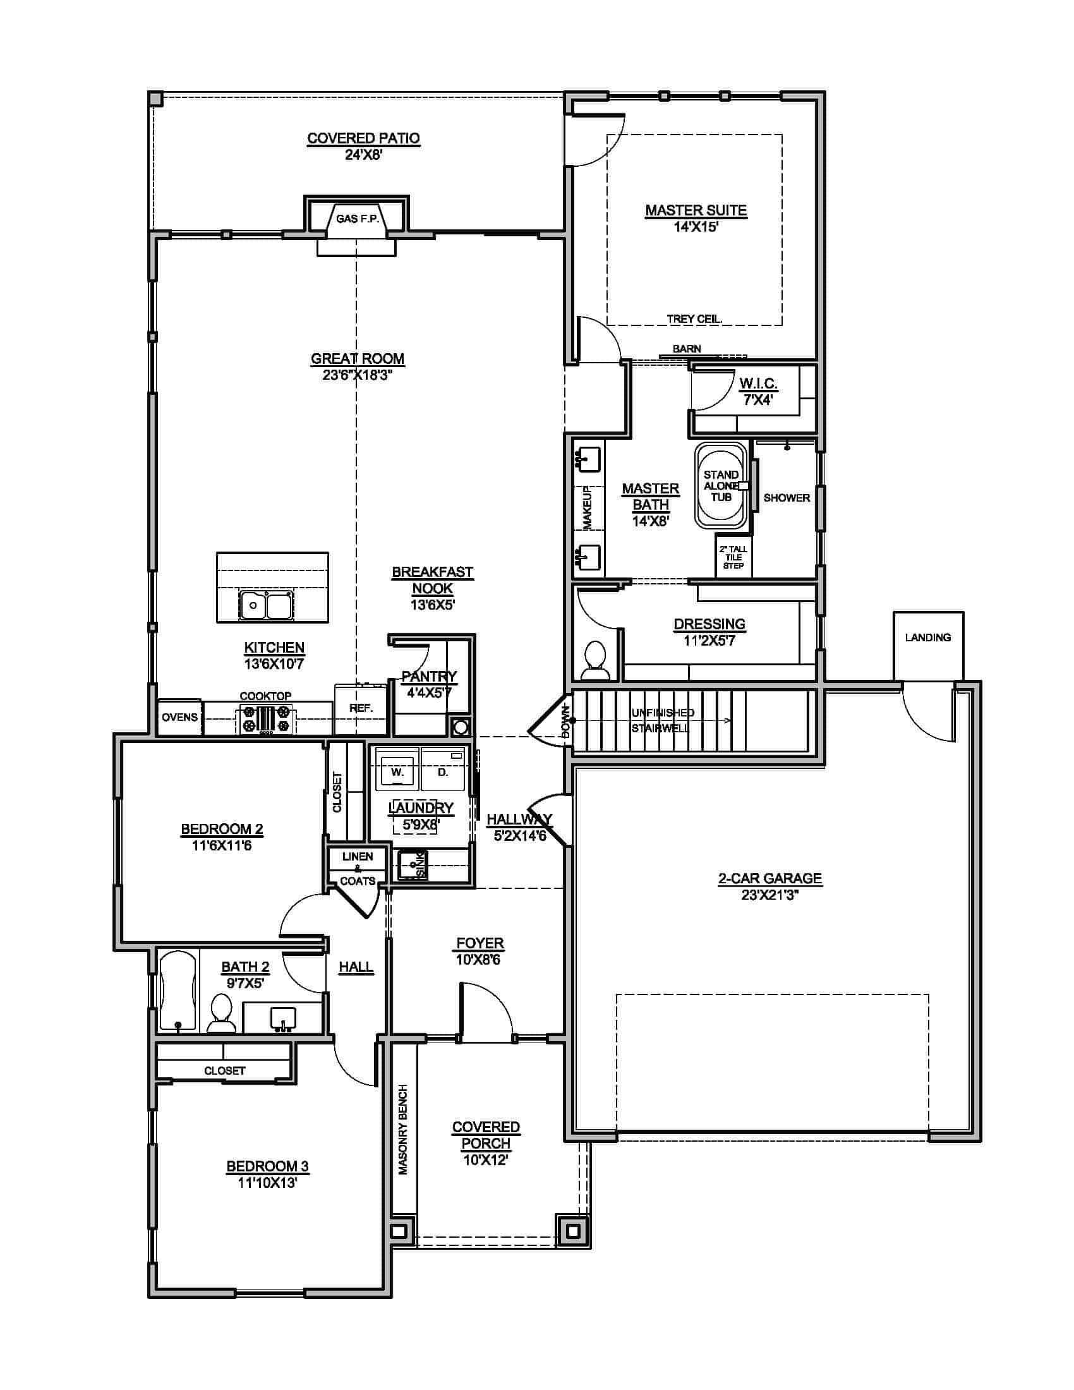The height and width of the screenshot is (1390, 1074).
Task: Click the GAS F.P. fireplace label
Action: [x=358, y=219]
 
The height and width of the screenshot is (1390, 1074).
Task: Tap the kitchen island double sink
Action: [x=266, y=605]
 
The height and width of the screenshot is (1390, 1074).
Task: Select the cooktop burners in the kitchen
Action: [x=265, y=720]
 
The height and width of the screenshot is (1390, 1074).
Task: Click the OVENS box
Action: [x=179, y=717]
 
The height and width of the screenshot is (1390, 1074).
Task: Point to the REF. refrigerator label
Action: [x=361, y=708]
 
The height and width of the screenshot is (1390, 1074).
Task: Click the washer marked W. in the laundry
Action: [x=397, y=771]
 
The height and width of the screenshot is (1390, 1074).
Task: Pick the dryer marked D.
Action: [x=443, y=771]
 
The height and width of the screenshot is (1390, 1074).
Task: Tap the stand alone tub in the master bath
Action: [x=721, y=486]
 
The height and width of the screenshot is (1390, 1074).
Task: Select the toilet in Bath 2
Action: [x=220, y=1014]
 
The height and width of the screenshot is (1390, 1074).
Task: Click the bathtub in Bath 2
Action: [x=178, y=990]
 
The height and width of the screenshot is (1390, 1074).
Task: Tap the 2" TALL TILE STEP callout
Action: [x=733, y=557]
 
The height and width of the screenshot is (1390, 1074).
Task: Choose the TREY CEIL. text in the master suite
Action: [x=694, y=319]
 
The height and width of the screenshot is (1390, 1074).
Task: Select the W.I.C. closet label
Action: [x=758, y=384]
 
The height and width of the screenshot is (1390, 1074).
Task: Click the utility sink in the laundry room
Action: [x=413, y=865]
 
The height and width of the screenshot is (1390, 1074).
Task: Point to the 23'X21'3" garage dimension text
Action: [x=770, y=895]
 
